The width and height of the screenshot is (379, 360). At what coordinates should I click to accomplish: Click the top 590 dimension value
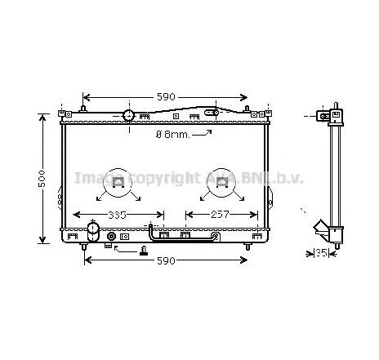click(166, 97)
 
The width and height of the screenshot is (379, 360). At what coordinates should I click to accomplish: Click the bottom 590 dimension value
click(166, 261)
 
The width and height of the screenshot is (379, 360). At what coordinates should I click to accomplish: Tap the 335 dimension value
click(118, 216)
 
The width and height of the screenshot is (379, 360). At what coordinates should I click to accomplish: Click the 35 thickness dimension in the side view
click(322, 254)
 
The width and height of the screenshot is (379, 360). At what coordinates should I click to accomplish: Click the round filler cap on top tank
click(129, 114)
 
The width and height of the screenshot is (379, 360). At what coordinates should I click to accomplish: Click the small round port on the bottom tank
click(112, 238)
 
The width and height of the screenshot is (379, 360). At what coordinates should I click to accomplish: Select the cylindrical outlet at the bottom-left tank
click(84, 238)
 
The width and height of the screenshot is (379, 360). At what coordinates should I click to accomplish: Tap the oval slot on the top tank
click(210, 113)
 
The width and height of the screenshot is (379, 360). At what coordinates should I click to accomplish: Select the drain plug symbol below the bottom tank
click(144, 251)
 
